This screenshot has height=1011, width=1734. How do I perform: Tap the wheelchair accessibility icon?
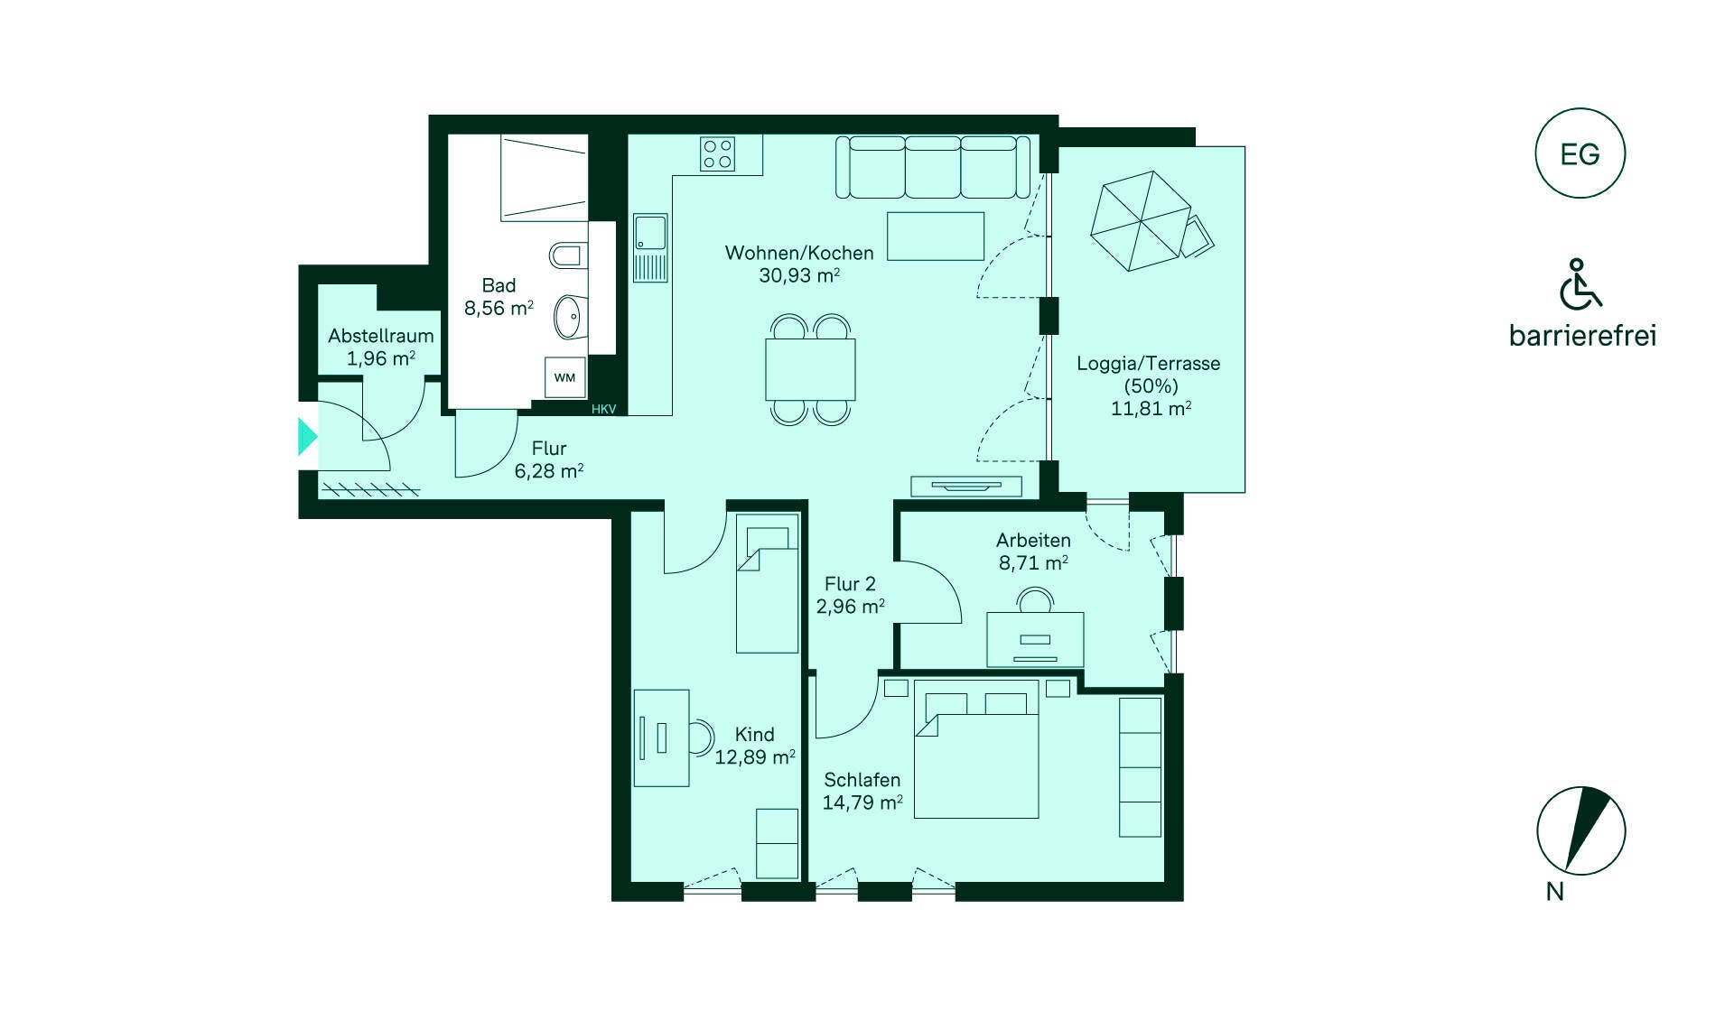click(1580, 284)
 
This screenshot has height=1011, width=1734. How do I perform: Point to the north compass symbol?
click(1580, 830)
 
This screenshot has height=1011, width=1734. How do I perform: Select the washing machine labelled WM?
click(565, 377)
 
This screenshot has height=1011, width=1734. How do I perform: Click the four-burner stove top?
click(718, 153)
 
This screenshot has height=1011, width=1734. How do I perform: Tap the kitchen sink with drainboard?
click(650, 247)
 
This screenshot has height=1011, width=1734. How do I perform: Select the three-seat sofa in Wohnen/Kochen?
click(933, 167)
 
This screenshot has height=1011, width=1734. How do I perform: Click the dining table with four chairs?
click(810, 369)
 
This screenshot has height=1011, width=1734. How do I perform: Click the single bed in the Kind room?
click(768, 583)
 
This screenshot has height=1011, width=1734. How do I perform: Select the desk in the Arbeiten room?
click(1035, 639)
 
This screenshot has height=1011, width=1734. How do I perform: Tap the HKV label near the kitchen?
click(604, 409)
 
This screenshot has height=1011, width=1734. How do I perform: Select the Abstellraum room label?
click(381, 336)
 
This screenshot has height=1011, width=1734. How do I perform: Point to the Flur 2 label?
click(850, 584)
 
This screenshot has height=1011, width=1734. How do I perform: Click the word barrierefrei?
click(1583, 336)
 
